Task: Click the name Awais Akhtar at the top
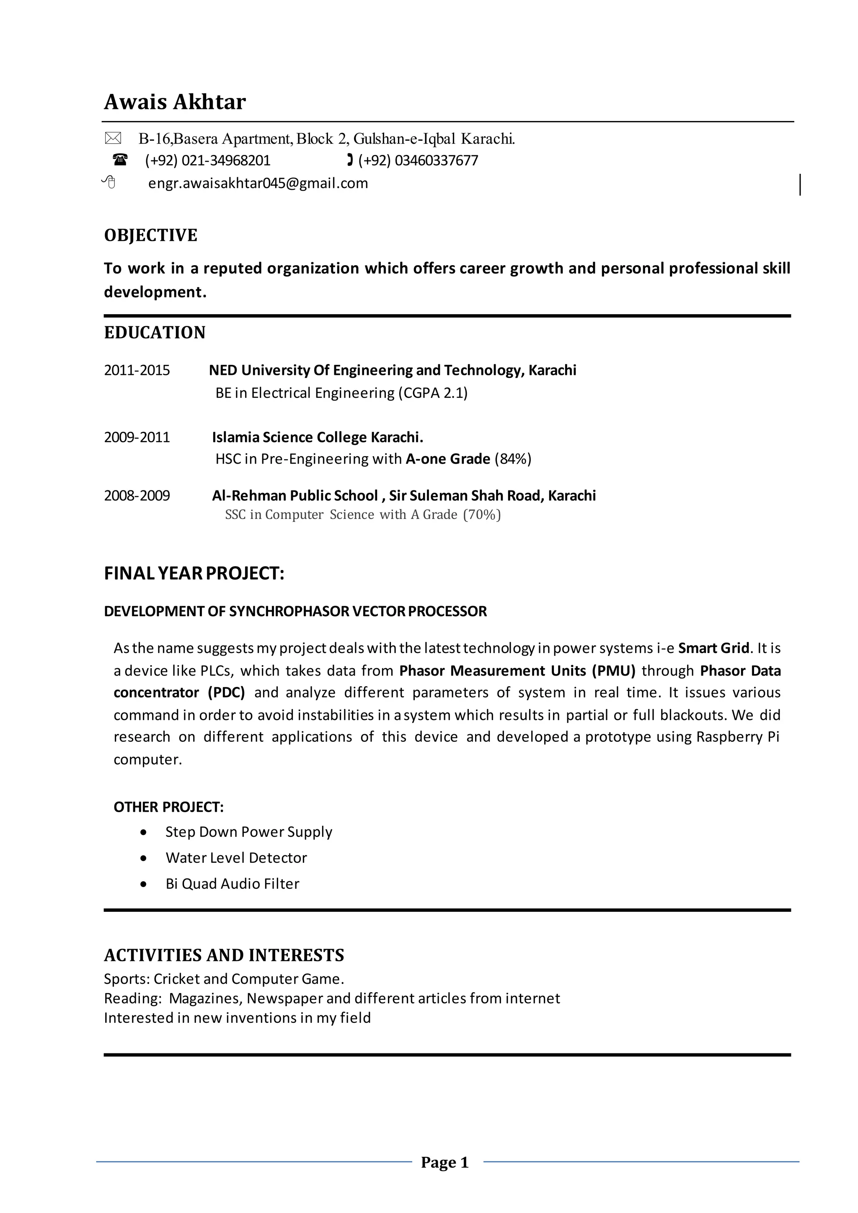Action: click(x=175, y=101)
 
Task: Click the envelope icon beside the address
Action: click(x=113, y=138)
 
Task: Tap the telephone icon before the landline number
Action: click(x=121, y=160)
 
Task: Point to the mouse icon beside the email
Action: click(x=109, y=182)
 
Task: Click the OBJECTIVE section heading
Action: click(x=150, y=235)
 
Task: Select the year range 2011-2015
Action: click(x=137, y=370)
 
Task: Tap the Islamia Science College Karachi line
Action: click(x=318, y=437)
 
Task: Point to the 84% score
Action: click(x=513, y=459)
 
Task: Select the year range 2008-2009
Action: click(x=137, y=496)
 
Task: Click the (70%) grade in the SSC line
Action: click(x=482, y=515)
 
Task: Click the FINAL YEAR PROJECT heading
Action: click(x=194, y=573)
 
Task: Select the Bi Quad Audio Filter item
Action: click(x=233, y=884)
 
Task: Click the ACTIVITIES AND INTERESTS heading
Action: click(x=224, y=955)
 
